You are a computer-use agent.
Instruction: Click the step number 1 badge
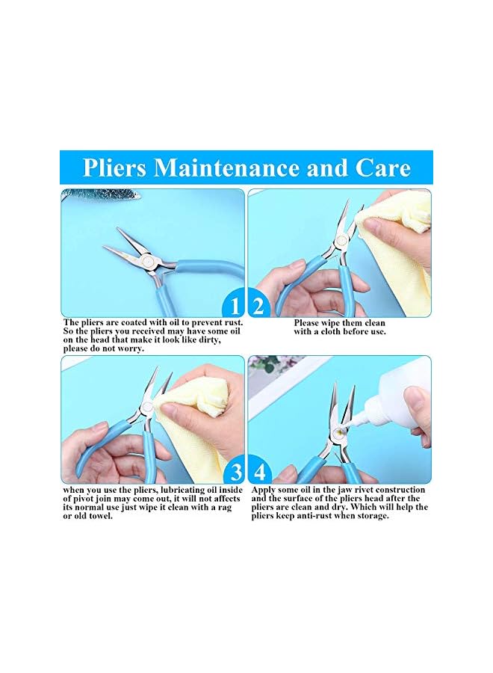click(x=235, y=306)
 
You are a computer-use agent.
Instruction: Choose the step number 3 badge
click(x=235, y=473)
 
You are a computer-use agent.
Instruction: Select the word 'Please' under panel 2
click(x=309, y=322)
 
